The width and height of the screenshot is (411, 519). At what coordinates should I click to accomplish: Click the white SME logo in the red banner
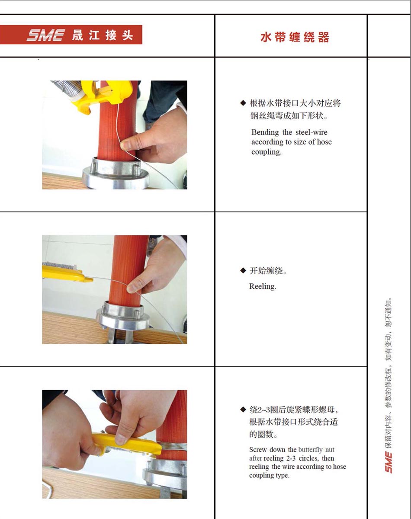(x=45, y=35)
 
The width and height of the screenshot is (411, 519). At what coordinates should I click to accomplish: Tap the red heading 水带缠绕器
(x=295, y=37)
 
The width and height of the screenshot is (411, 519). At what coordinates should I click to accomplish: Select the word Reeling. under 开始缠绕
(x=263, y=286)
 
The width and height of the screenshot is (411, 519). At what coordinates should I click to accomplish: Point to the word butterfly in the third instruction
(x=310, y=450)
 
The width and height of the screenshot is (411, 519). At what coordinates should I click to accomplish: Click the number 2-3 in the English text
(x=291, y=458)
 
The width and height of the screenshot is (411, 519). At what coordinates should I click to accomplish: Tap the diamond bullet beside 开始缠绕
(x=243, y=271)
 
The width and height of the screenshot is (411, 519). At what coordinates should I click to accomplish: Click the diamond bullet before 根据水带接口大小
(x=243, y=103)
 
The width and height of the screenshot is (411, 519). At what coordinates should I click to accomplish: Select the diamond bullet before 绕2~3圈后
(x=243, y=410)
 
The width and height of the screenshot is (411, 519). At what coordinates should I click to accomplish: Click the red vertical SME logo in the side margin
(x=389, y=463)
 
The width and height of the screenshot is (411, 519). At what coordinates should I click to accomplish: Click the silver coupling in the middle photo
(x=122, y=316)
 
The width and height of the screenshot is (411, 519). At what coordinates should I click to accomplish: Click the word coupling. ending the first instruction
(x=267, y=152)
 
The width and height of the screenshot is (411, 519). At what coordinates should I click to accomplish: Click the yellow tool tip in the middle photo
(x=89, y=279)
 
